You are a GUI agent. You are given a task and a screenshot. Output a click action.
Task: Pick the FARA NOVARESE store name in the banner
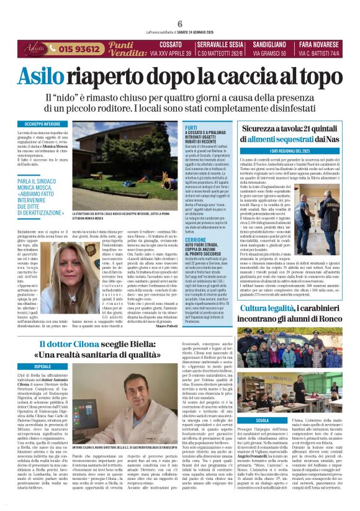pos(317,45)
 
